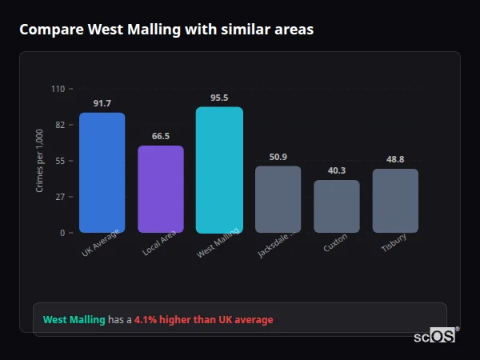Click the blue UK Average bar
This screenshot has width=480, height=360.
click(102, 173)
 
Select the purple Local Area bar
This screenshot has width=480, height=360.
click(161, 190)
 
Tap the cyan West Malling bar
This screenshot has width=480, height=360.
click(219, 170)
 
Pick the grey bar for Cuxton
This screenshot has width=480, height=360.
click(337, 206)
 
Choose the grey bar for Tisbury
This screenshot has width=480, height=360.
click(395, 201)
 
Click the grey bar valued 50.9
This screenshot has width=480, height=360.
click(278, 199)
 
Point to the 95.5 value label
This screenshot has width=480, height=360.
click(219, 98)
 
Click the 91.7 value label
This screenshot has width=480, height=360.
click(102, 103)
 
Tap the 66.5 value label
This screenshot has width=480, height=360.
click(161, 136)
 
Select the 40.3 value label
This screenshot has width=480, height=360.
click(337, 170)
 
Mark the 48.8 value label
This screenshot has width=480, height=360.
click(395, 159)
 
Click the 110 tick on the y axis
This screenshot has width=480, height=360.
click(58, 89)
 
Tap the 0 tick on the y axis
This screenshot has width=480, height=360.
click(62, 233)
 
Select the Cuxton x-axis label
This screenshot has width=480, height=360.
click(335, 243)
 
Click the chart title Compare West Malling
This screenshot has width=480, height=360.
click(166, 30)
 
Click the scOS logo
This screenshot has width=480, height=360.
click(435, 337)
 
